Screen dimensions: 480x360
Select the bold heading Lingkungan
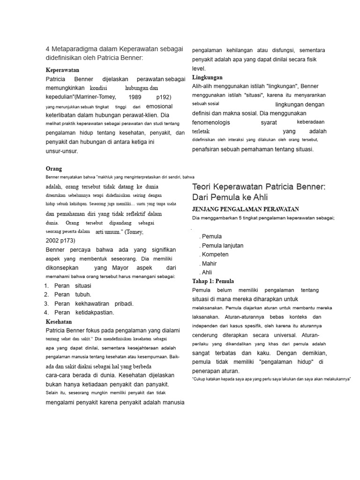(207, 77)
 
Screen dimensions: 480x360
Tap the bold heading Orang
(54, 169)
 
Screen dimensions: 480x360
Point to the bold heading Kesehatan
(59, 322)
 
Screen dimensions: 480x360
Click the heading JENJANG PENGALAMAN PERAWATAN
(246, 209)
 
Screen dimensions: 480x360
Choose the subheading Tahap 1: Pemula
(213, 281)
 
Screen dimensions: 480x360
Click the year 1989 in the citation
(135, 97)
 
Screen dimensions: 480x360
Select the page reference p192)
(164, 97)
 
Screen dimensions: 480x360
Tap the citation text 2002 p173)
(60, 241)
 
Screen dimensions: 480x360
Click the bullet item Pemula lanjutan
(222, 246)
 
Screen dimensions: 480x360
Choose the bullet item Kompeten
(215, 255)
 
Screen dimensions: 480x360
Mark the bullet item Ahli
(207, 272)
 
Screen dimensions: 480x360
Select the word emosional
(159, 106)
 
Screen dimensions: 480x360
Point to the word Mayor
(120, 268)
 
